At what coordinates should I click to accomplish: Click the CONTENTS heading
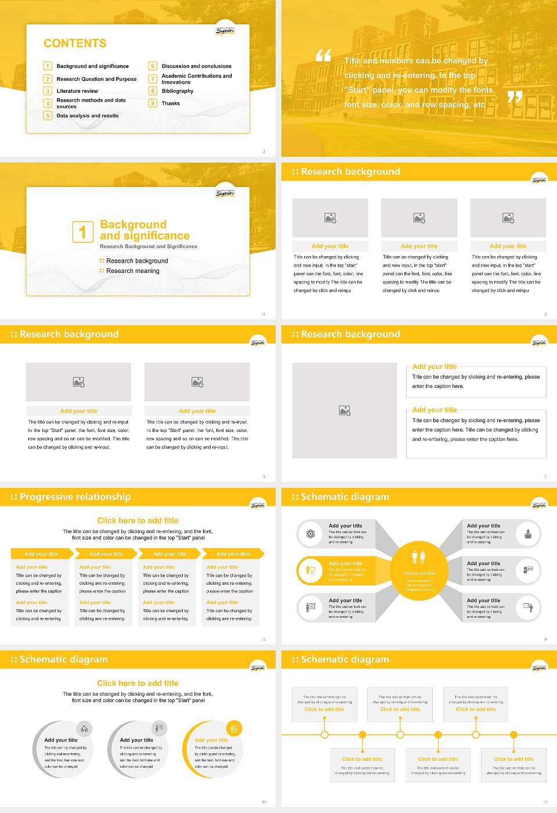click(75, 44)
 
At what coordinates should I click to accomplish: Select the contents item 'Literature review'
click(77, 91)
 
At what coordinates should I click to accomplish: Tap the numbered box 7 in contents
click(153, 79)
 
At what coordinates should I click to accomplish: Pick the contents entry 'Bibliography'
click(178, 91)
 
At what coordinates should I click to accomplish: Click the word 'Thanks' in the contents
click(171, 103)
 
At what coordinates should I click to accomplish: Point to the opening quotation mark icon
click(323, 56)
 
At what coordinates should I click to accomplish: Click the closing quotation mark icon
click(515, 97)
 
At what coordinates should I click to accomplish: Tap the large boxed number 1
click(82, 232)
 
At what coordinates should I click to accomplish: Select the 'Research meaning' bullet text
click(132, 271)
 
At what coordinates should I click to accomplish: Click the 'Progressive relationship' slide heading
click(75, 497)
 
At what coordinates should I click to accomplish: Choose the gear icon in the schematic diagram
click(310, 534)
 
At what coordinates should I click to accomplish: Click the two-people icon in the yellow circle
click(418, 557)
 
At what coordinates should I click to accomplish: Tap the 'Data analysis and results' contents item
click(88, 116)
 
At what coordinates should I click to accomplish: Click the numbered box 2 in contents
click(48, 79)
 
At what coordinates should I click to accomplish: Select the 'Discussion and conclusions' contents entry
click(196, 66)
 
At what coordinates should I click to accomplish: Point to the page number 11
click(545, 802)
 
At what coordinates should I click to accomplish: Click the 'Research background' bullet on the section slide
click(137, 261)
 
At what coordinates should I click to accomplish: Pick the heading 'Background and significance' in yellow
click(144, 230)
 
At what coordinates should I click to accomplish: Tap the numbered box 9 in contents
click(153, 103)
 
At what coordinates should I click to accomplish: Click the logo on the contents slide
click(225, 31)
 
